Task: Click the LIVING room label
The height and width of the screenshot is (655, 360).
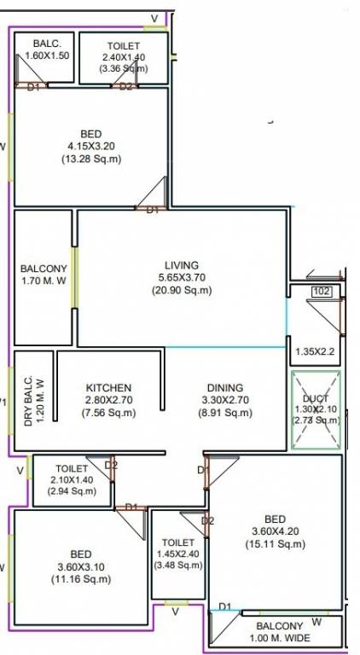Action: click(182, 264)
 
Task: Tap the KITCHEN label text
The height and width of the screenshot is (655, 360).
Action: click(107, 386)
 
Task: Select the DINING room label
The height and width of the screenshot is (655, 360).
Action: click(224, 386)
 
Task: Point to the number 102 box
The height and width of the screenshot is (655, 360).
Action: click(322, 292)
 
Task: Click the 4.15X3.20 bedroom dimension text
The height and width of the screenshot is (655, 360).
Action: click(91, 146)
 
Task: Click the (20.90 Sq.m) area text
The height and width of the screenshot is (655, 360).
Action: click(182, 290)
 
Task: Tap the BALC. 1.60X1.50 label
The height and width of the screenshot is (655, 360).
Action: click(44, 49)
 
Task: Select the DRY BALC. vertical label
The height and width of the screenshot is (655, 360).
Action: click(32, 401)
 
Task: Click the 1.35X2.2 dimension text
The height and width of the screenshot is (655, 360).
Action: click(316, 351)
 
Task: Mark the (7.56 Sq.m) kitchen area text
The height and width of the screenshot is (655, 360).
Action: click(107, 413)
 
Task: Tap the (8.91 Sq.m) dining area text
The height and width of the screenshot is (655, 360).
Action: click(224, 413)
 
